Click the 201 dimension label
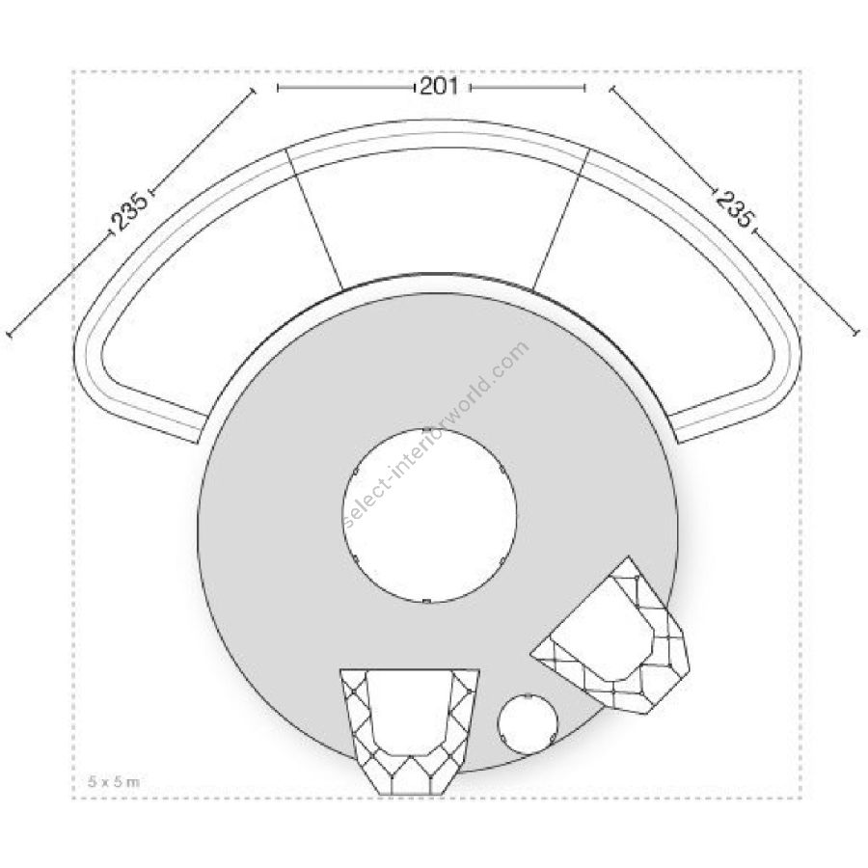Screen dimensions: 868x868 439,87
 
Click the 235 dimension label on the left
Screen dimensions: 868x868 130,211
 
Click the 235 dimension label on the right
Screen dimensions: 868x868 733,207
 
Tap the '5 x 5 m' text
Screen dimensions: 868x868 114,781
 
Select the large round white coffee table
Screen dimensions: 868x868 429,515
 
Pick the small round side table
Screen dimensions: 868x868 528,723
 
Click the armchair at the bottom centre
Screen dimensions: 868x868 410,732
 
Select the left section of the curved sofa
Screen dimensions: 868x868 182,287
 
